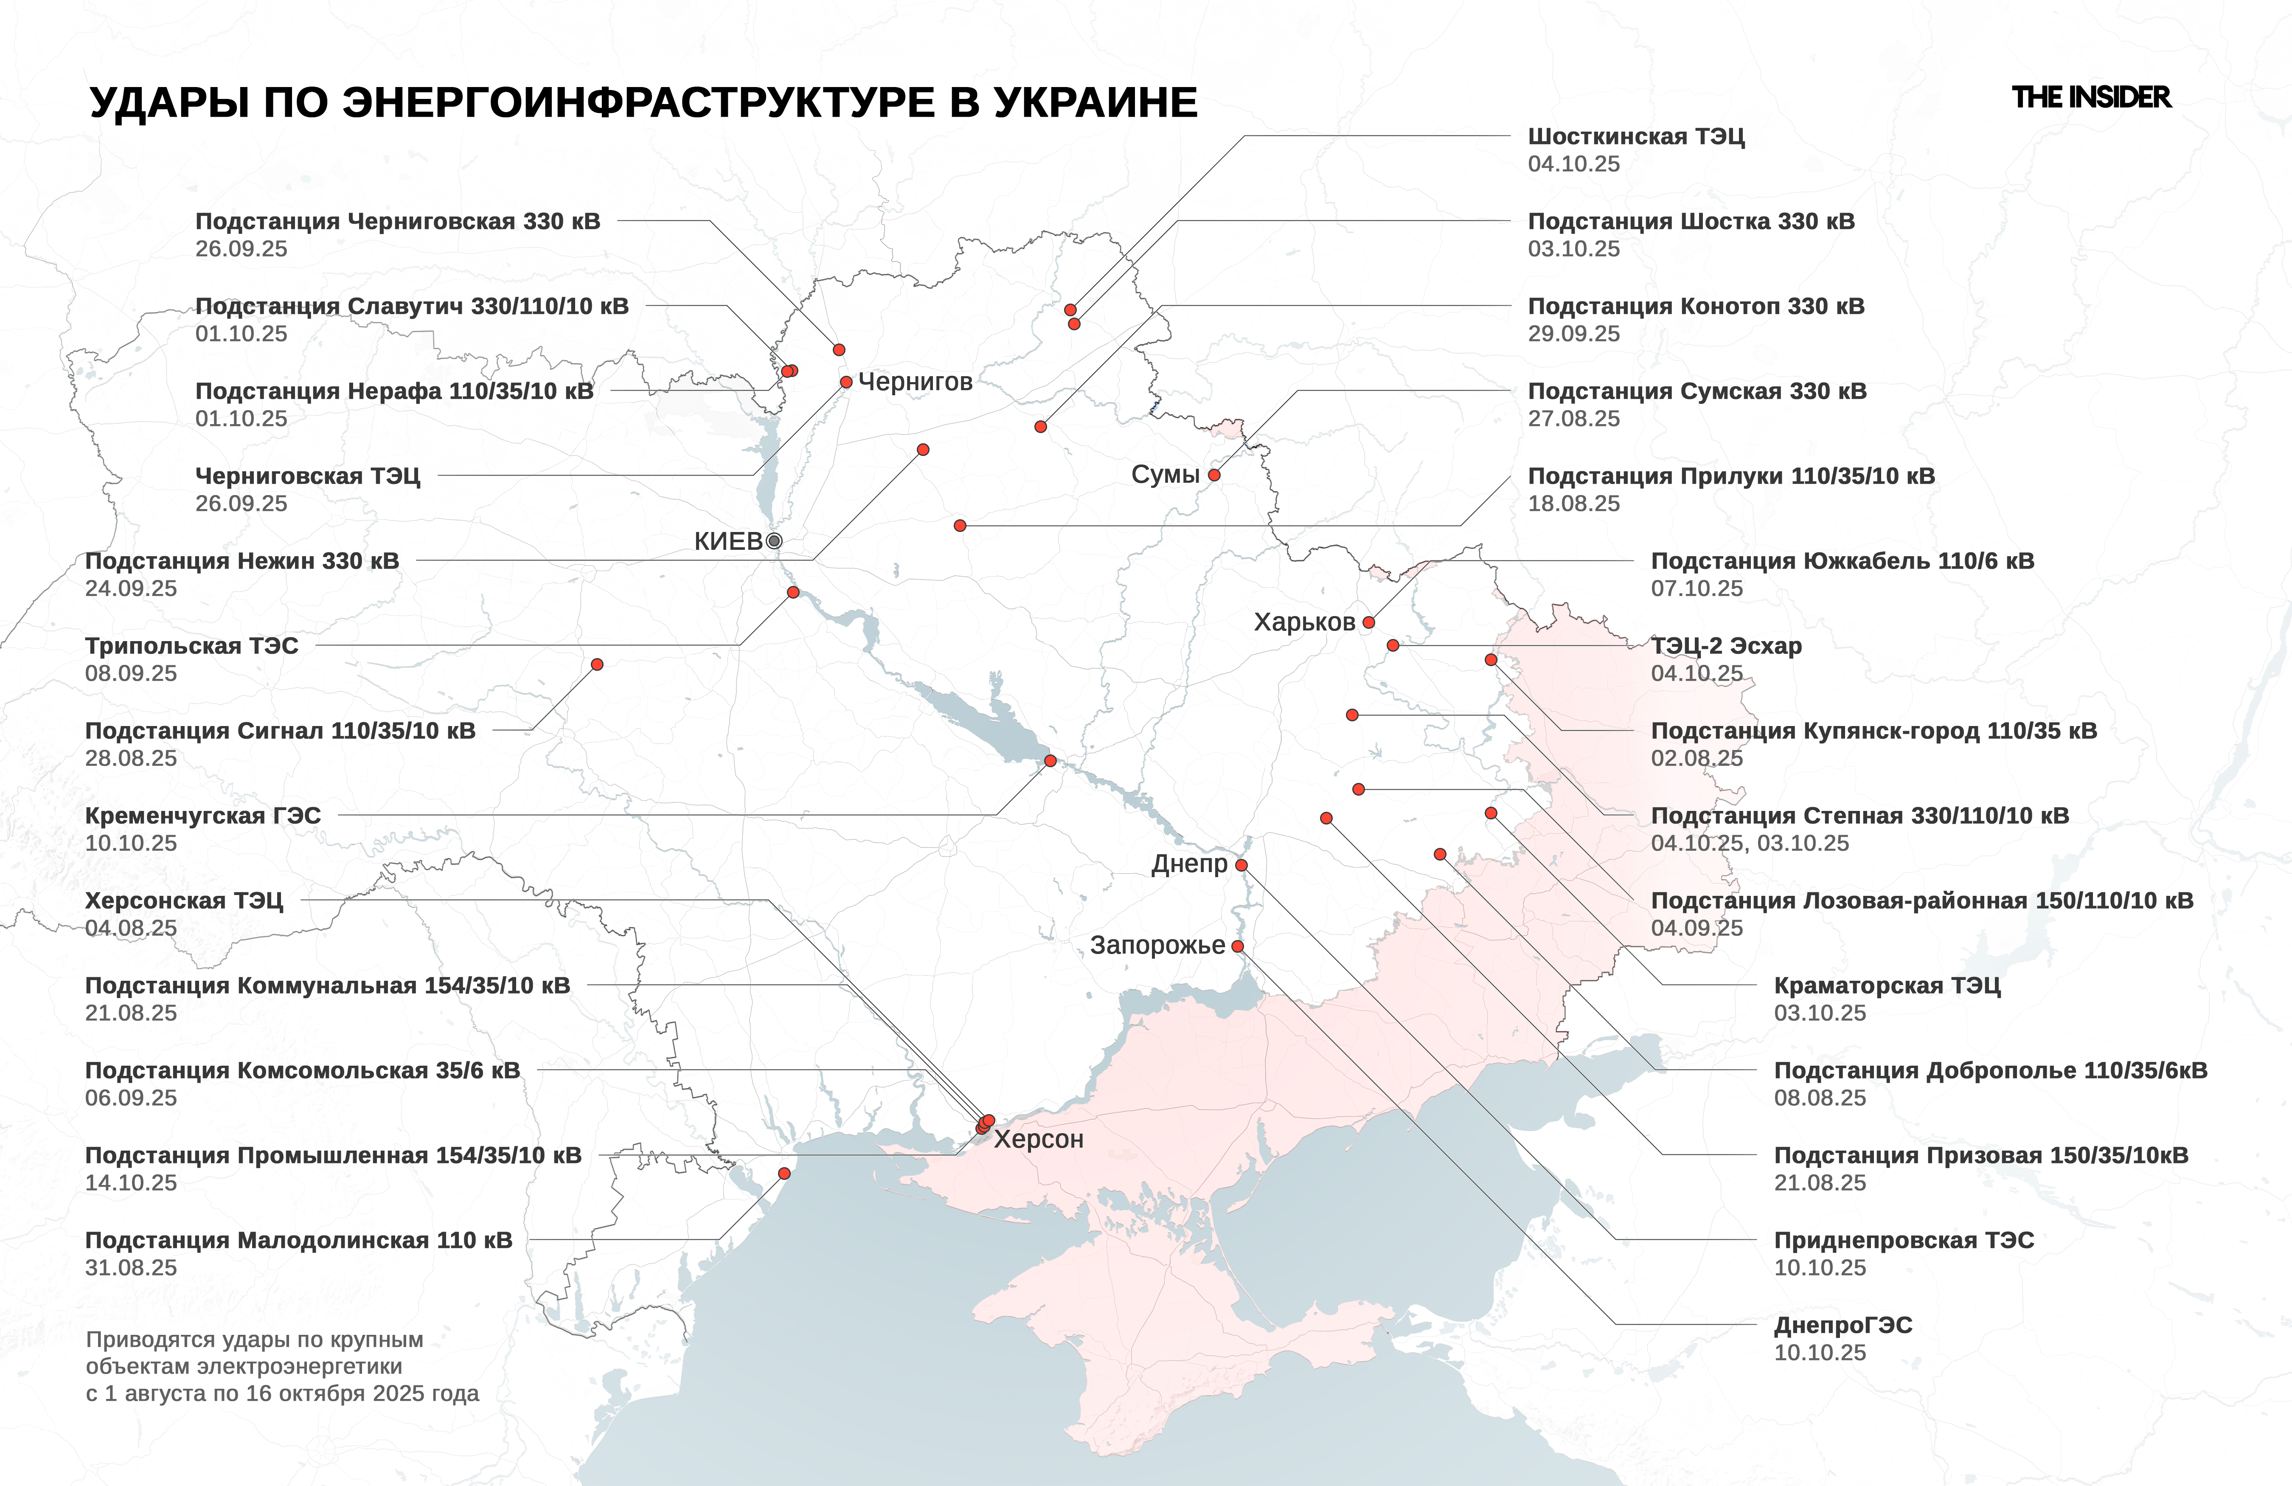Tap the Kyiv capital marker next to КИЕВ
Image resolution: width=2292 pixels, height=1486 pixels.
click(x=773, y=541)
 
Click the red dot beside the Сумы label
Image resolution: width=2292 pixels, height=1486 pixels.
click(x=1214, y=475)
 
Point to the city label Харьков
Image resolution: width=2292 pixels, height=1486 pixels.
click(x=1304, y=622)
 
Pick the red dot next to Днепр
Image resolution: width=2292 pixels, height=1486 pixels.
click(x=1241, y=865)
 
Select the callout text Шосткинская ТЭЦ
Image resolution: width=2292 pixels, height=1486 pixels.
click(x=1635, y=137)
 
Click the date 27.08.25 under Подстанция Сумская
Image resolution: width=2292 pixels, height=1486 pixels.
click(x=1573, y=419)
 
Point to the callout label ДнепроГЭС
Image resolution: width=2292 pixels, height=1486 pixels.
click(x=1842, y=1325)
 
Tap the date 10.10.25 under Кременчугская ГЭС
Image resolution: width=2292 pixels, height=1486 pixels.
click(x=131, y=844)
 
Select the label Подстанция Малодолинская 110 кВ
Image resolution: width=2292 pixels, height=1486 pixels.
click(x=298, y=1241)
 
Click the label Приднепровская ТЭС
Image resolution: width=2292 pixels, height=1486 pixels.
click(x=1904, y=1241)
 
